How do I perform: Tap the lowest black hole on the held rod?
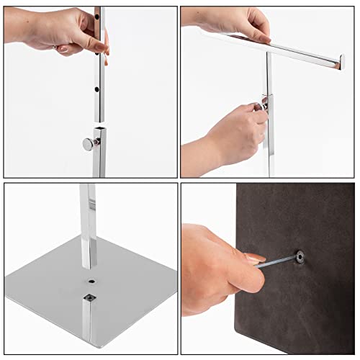pyautogui.click(x=97, y=91)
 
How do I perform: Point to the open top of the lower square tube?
pyautogui.click(x=99, y=128)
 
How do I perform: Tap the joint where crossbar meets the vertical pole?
pyautogui.click(x=268, y=53)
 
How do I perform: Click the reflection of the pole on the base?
pyautogui.click(x=88, y=324)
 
